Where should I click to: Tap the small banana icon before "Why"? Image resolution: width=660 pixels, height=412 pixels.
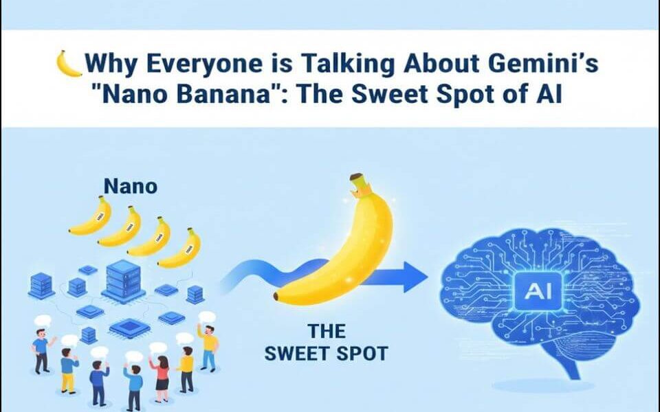coord(69,64)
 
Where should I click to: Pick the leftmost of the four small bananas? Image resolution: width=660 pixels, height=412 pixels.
coord(91,216)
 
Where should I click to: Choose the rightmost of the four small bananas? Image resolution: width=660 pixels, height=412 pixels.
coord(180,249)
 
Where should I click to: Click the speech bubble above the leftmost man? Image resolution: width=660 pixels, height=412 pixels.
coord(43,321)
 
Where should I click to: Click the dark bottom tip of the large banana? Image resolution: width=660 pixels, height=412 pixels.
coord(277,297)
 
